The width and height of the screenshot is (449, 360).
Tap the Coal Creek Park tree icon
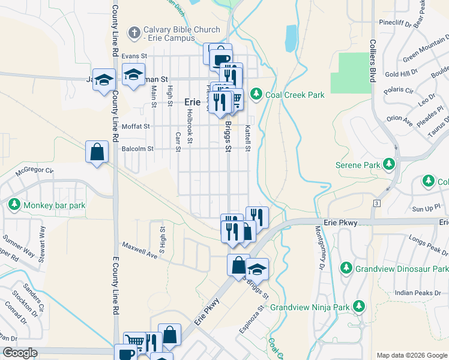[256, 95]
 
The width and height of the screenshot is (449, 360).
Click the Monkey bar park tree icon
[14, 205]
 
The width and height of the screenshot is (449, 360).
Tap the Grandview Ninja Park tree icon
[358, 307]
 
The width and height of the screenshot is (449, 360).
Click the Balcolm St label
[137, 148]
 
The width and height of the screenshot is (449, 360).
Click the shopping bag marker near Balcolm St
[97, 152]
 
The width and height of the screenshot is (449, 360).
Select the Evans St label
[134, 56]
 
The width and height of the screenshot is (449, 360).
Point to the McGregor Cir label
[35, 170]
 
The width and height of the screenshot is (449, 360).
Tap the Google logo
[19, 353]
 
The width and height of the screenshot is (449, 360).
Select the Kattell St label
[247, 138]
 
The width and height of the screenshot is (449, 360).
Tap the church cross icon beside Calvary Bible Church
[136, 32]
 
